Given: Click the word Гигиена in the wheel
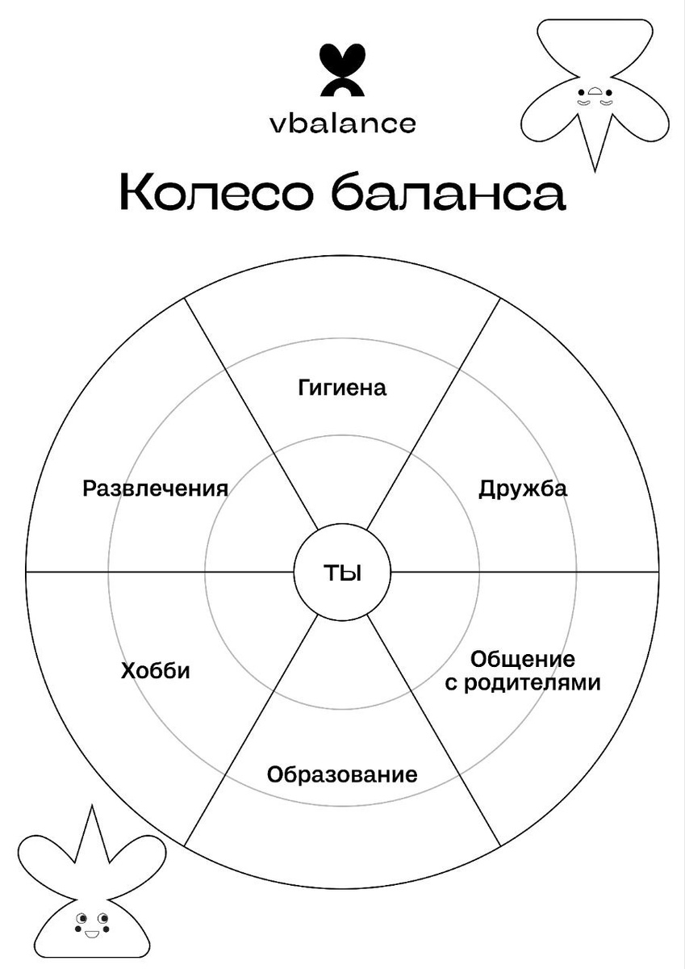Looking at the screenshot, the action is pos(342,388).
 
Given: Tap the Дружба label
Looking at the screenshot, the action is pos(523,489).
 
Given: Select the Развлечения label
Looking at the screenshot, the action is pos(155,489).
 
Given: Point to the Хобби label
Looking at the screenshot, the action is pos(156,671).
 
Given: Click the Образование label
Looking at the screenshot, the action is pos(342,775).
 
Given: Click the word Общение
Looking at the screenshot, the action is pos(523,658).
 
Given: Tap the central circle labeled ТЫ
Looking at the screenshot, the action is pos(342,573).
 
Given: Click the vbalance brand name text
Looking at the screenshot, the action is pos(342,124).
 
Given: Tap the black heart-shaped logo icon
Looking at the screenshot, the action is pos(342,71).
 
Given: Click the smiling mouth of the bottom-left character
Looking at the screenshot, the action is pos(90,935).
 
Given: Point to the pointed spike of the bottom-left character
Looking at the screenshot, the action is pos(90,832).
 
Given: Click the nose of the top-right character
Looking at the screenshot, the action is pos(595,91).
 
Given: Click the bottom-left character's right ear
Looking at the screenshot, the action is pos(137,860).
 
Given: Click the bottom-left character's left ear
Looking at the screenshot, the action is pos(44,860).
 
